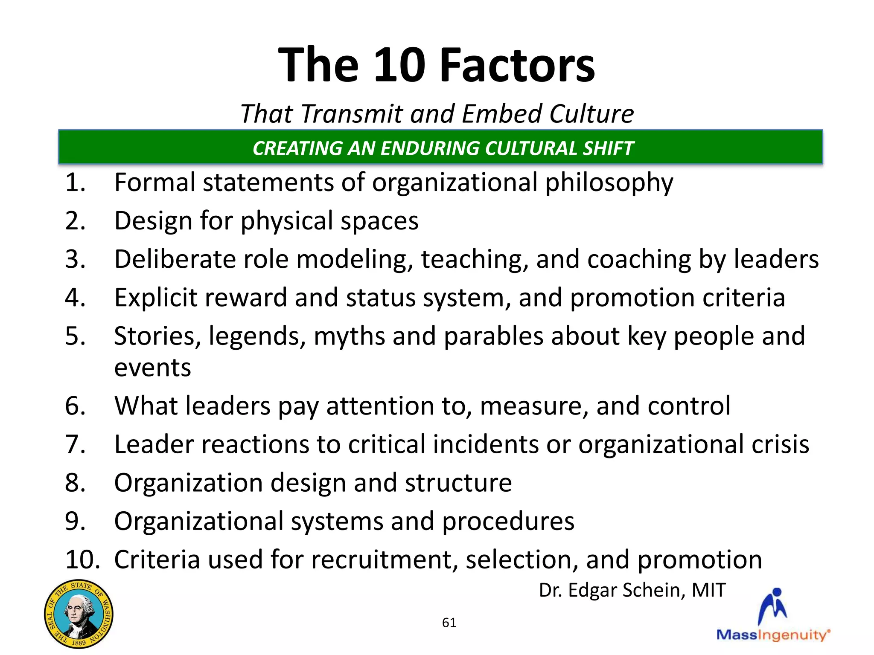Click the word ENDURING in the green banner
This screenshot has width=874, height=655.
pyautogui.click(x=430, y=148)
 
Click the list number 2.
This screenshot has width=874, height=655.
pyautogui.click(x=75, y=221)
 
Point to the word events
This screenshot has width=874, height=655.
pyautogui.click(x=152, y=368)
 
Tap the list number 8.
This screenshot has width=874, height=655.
pyautogui.click(x=75, y=483)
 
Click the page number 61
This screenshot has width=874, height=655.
pyautogui.click(x=449, y=623)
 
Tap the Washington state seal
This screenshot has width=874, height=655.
pyautogui.click(x=79, y=614)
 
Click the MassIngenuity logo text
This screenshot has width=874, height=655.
pyautogui.click(x=772, y=635)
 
